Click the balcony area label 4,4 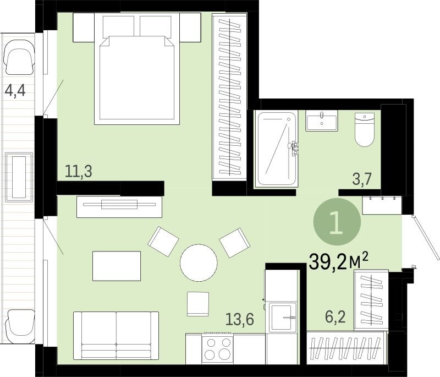click(15, 90)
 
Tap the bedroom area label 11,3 click(78, 171)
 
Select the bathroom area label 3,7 click(362, 179)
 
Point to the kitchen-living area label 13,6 click(240, 319)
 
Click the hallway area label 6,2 click(335, 317)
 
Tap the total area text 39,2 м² click(338, 261)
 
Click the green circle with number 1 click(337, 222)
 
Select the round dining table click(199, 263)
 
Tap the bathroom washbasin click(322, 121)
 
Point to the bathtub click(276, 149)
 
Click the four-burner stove click(217, 348)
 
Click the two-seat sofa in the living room click(116, 335)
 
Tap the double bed click(137, 69)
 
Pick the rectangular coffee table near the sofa click(117, 266)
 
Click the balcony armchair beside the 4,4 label click(19, 57)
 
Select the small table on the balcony click(19, 177)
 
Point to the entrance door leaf click(426, 237)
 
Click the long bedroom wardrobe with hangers click(229, 97)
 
